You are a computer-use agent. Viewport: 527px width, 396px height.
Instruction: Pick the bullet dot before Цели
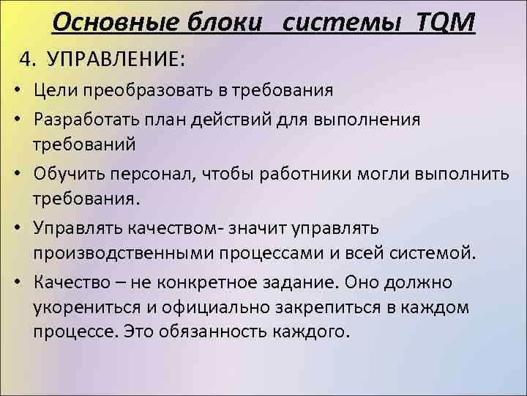(x=16, y=92)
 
